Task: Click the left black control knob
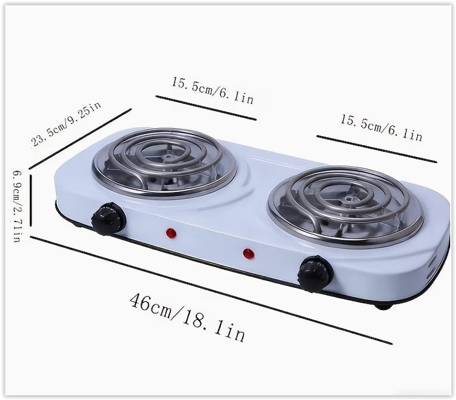click(108, 219)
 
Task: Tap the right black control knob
click(316, 273)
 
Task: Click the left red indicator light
click(171, 233)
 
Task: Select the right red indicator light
click(249, 254)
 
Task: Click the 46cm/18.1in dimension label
click(187, 317)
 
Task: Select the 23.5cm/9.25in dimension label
click(66, 125)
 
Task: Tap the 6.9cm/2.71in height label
click(16, 206)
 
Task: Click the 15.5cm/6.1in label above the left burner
click(213, 90)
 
